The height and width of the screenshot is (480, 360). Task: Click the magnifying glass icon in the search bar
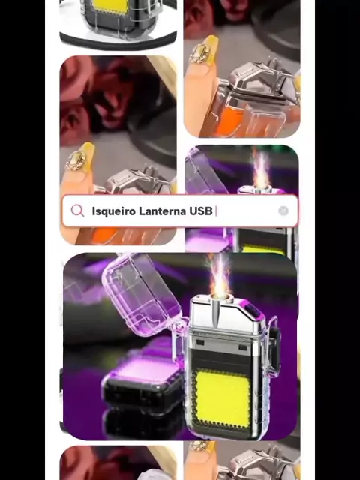tap(77, 211)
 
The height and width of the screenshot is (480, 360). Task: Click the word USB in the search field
tap(201, 211)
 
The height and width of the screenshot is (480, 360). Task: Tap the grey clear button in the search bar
tap(283, 211)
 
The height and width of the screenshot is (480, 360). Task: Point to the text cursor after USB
tap(216, 211)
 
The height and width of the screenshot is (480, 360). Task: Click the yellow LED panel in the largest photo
tap(223, 397)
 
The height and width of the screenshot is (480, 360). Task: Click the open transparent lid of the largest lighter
tap(143, 295)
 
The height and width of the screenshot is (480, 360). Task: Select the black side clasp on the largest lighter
tap(275, 348)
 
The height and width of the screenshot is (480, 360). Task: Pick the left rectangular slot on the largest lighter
tap(200, 342)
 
